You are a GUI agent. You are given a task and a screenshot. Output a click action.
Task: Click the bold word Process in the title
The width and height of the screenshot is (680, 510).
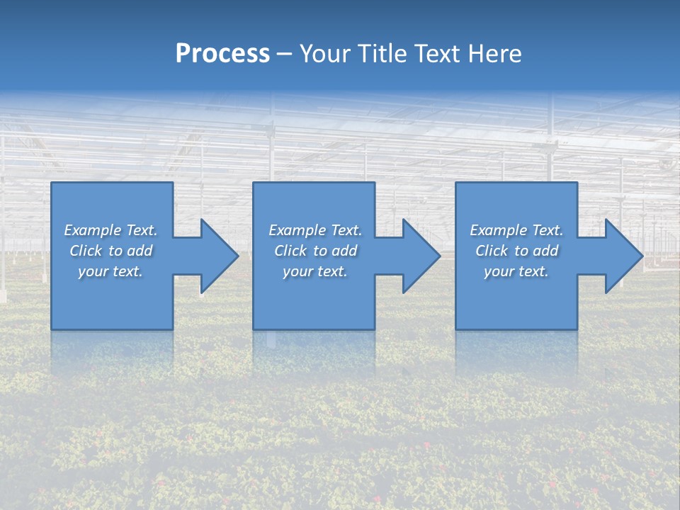pyautogui.click(x=222, y=54)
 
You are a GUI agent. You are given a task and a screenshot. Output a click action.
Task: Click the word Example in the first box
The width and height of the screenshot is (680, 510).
pyautogui.click(x=92, y=230)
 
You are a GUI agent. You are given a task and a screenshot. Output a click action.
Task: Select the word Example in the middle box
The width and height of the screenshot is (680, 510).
pyautogui.click(x=297, y=230)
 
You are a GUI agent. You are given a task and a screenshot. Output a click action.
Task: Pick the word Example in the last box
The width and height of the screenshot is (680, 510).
pyautogui.click(x=498, y=230)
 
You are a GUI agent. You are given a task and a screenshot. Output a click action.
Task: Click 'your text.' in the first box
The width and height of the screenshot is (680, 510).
pyautogui.click(x=110, y=271)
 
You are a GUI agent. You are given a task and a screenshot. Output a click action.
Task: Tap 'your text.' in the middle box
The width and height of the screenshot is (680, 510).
pyautogui.click(x=315, y=271)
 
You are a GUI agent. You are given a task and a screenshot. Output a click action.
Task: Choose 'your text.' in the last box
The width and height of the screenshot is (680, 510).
pyautogui.click(x=516, y=271)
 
